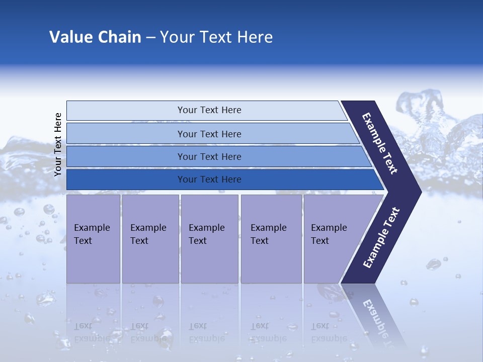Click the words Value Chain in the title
tap(95, 37)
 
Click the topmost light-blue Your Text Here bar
tap(209, 110)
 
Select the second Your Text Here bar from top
tap(209, 134)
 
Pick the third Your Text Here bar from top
tap(209, 156)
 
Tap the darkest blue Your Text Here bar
tap(209, 179)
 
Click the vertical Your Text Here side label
tap(58, 144)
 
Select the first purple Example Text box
tap(93, 238)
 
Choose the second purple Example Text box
tap(150, 238)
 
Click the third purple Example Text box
tap(209, 238)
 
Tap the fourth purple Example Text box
tap(271, 238)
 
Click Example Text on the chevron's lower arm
tap(381, 238)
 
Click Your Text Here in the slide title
tap(216, 37)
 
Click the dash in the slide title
tap(150, 38)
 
